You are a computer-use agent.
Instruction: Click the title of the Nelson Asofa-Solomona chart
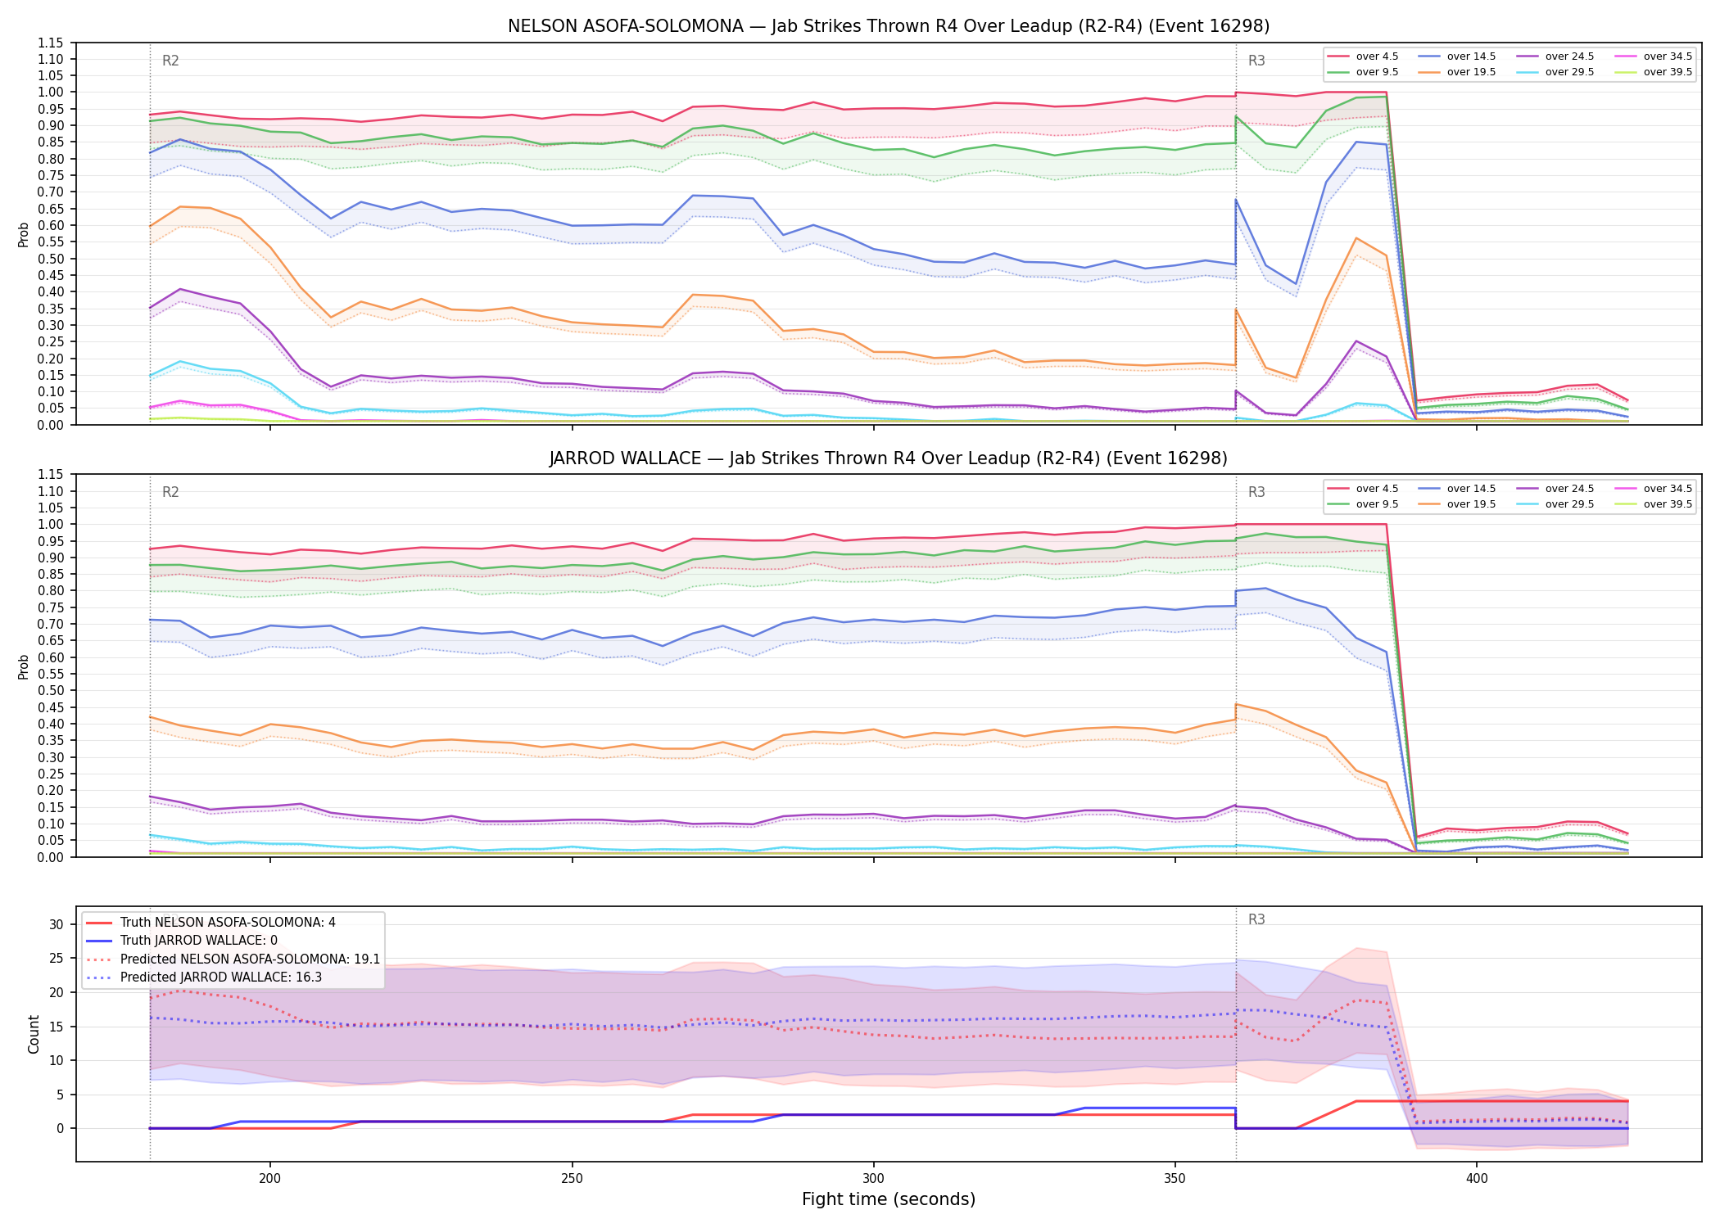click(889, 26)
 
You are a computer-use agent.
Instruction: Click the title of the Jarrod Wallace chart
click(889, 458)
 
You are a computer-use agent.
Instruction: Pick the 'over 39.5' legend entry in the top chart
click(1655, 72)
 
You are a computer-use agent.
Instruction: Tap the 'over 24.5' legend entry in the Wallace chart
click(1557, 489)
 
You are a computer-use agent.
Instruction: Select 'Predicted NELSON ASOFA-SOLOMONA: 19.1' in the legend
click(233, 959)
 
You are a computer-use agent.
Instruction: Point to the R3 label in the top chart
click(1256, 61)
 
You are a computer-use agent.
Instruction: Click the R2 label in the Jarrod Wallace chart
click(170, 492)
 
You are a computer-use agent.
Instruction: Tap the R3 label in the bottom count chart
click(1256, 919)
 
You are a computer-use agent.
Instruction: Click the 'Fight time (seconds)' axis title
click(889, 1199)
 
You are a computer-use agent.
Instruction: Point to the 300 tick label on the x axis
click(873, 1179)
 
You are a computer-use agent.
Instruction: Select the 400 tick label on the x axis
click(1476, 1179)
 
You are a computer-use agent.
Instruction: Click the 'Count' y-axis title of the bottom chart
click(34, 1034)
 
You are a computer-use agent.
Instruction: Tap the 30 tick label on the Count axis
click(56, 924)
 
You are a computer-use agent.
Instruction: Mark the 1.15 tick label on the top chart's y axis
click(52, 43)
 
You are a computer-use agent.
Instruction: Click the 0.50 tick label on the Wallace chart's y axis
click(52, 690)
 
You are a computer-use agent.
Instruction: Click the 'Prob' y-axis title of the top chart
click(24, 234)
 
